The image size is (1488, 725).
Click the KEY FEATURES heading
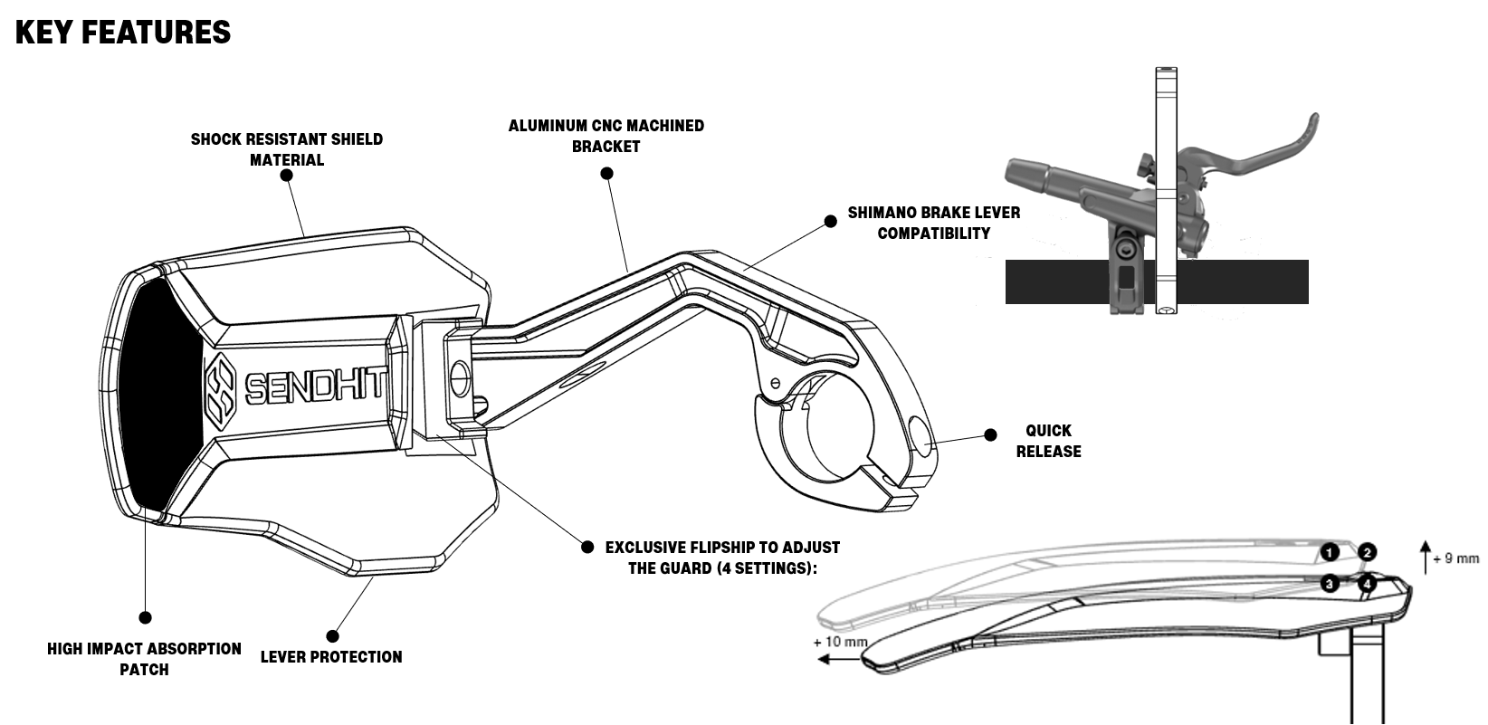point(123,33)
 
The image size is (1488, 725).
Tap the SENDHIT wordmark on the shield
point(315,386)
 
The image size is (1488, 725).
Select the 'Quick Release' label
point(1048,441)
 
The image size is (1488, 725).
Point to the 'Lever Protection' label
point(331,657)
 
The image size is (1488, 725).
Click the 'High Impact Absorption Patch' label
point(145,659)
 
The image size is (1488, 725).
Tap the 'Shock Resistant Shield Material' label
point(287,149)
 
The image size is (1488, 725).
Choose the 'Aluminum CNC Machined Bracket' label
point(606,136)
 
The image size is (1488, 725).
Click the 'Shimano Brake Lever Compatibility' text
point(933,223)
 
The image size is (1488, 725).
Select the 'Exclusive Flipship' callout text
point(722,558)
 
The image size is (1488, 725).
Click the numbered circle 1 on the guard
point(1329,551)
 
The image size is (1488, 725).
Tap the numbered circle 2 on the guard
point(1367,551)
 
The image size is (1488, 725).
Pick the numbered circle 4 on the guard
point(1367,584)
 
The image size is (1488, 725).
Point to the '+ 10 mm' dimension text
point(840,642)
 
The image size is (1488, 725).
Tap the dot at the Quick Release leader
point(990,435)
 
